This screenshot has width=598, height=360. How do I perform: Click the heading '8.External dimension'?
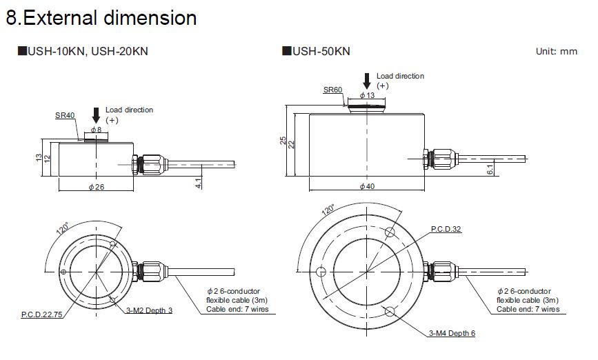(x=101, y=18)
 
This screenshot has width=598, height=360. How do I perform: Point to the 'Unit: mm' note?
(x=557, y=52)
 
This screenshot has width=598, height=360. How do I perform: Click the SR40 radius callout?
(x=65, y=115)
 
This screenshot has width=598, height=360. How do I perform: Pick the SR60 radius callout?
(x=332, y=90)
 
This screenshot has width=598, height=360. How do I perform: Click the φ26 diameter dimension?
(x=96, y=188)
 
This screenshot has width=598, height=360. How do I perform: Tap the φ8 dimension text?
(x=96, y=129)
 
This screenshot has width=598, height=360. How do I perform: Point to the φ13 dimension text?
(x=367, y=94)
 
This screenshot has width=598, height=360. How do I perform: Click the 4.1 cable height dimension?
(x=198, y=183)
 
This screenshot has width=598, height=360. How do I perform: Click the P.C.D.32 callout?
(x=446, y=228)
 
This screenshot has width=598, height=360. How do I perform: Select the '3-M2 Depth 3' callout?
(x=150, y=310)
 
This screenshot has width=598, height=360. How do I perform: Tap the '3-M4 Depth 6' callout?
(x=452, y=334)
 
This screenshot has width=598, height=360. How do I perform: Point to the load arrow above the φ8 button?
(x=96, y=114)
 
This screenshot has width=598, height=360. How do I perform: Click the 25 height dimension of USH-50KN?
(x=283, y=141)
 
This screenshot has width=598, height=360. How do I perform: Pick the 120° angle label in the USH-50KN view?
(x=327, y=210)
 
